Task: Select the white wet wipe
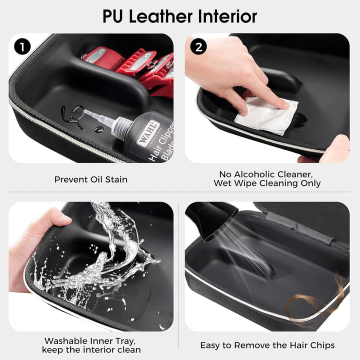coord(266,115)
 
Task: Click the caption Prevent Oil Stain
coord(90,179)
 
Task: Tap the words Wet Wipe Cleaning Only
coord(267,183)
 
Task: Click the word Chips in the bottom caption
coord(320,345)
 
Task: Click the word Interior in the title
coord(227,16)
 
